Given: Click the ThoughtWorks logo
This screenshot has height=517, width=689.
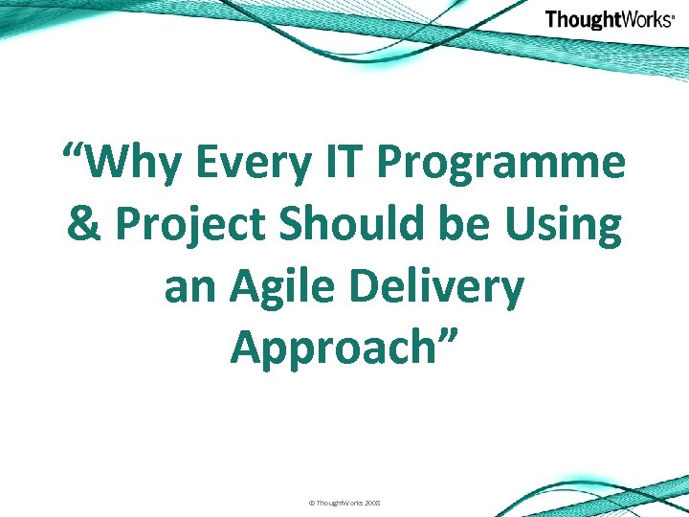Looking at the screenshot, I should [x=610, y=19].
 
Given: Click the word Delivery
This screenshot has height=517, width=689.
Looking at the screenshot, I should [x=444, y=288].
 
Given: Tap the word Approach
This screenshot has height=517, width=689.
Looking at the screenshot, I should [x=335, y=349].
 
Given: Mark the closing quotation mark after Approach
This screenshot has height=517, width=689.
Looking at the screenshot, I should [x=450, y=337].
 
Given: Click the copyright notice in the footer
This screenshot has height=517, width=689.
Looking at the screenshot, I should [x=344, y=503].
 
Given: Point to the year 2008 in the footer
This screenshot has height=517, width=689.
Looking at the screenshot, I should [x=371, y=503].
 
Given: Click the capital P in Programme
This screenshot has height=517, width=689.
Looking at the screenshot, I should [x=396, y=164].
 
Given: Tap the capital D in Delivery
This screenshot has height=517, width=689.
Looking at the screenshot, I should [x=380, y=286].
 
